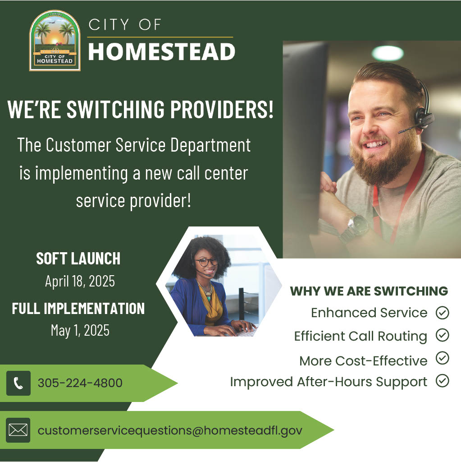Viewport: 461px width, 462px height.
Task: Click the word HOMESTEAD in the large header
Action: point(161,52)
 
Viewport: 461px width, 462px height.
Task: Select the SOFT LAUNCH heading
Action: point(78,259)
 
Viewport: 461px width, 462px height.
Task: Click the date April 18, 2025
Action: point(80,282)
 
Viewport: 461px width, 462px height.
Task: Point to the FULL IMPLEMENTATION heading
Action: point(78,309)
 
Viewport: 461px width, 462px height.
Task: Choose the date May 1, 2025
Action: point(80,330)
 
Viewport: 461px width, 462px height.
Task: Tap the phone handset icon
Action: point(18,383)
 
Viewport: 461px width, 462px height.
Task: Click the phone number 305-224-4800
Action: point(80,383)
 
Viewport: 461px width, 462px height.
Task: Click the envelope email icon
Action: point(18,430)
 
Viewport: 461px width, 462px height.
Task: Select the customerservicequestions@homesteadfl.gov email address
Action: point(170,430)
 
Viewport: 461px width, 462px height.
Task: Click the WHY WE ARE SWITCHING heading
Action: point(369,291)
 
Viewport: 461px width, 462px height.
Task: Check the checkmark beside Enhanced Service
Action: point(443,313)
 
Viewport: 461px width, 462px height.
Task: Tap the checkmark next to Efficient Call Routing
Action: point(443,335)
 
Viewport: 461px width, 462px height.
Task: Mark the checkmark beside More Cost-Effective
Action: point(443,358)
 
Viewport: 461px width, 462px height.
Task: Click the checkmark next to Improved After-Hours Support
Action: point(443,381)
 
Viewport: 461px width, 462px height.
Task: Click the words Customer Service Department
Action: point(148,145)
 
